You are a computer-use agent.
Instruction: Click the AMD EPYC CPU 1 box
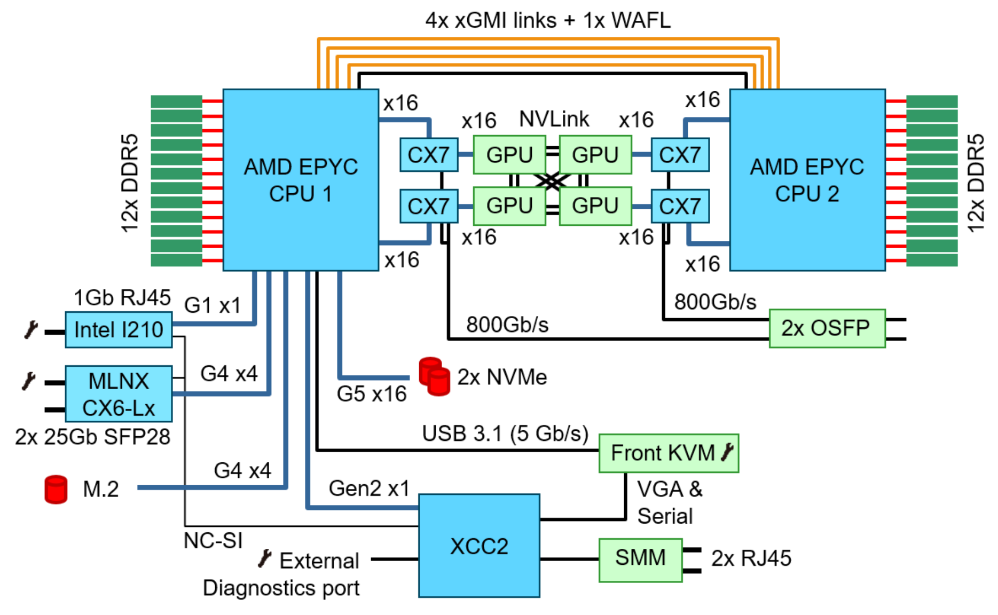(301, 180)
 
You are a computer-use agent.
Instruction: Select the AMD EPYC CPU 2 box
(807, 180)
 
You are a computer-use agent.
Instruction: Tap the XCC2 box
(479, 546)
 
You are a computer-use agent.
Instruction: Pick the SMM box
(640, 559)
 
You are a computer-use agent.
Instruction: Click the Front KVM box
(662, 453)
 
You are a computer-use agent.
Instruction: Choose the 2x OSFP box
(827, 328)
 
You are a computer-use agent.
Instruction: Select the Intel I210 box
(119, 330)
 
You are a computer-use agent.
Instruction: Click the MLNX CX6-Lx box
(119, 394)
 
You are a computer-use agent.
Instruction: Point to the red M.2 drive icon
(56, 489)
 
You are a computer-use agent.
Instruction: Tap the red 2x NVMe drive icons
(435, 377)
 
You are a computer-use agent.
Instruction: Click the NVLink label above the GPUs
(554, 119)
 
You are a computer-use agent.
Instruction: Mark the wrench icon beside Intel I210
(31, 330)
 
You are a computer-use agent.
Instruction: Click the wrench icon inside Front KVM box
(728, 453)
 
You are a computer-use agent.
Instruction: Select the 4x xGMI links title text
(547, 20)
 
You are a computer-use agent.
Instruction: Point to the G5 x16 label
(372, 394)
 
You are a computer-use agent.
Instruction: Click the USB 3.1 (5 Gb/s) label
(505, 433)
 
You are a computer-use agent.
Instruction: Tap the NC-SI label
(213, 541)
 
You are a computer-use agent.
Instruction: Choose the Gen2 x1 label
(369, 488)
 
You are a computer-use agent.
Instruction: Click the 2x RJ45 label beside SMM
(751, 558)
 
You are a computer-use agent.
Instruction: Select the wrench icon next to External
(264, 559)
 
